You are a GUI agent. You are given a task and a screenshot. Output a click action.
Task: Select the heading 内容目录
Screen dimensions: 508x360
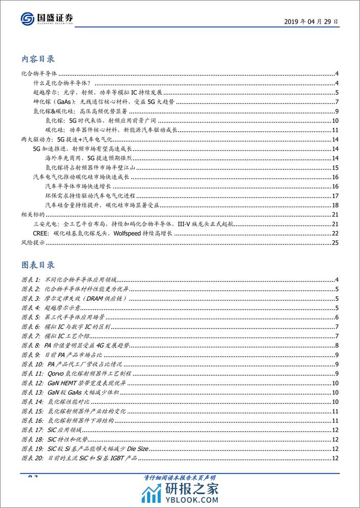[x=38, y=59]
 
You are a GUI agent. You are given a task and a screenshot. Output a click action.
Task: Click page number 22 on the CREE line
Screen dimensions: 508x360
[x=335, y=233]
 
